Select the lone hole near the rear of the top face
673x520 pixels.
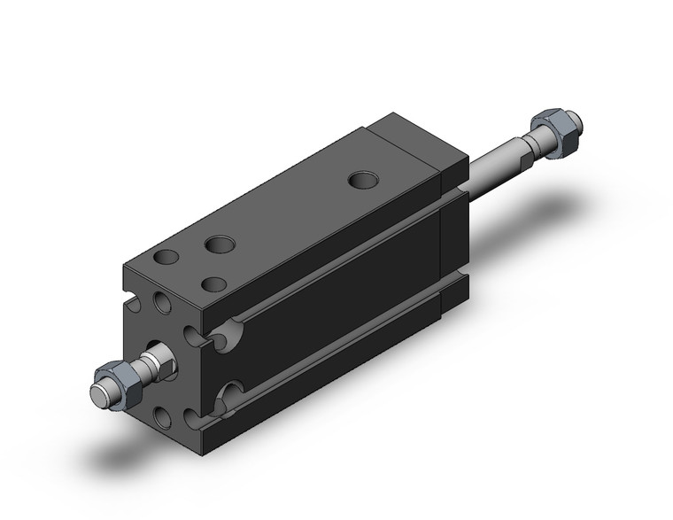tap(361, 181)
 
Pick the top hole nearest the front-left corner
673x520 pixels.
tap(164, 259)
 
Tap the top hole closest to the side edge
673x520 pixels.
tap(213, 283)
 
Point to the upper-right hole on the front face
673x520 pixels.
tap(197, 333)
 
